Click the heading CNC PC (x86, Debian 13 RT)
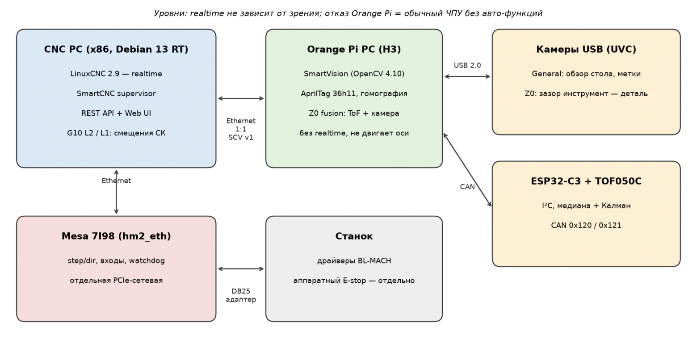(116, 50)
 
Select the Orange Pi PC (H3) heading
(354, 50)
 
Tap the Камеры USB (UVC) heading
(586, 50)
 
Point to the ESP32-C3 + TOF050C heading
(586, 181)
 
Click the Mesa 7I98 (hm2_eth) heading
(116, 236)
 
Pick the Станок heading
(354, 236)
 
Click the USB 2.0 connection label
(467, 65)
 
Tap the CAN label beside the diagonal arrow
(467, 187)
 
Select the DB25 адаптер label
(241, 295)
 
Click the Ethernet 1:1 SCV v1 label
(241, 129)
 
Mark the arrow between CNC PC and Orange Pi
(241, 99)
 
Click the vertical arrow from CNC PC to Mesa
(116, 192)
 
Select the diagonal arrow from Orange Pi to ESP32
(467, 170)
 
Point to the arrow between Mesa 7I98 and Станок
(241, 269)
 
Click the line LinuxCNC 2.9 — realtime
(116, 74)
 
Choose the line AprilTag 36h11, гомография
(354, 94)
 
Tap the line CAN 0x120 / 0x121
(586, 225)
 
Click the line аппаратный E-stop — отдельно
(354, 280)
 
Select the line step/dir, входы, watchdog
(116, 261)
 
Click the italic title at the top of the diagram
(348, 13)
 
